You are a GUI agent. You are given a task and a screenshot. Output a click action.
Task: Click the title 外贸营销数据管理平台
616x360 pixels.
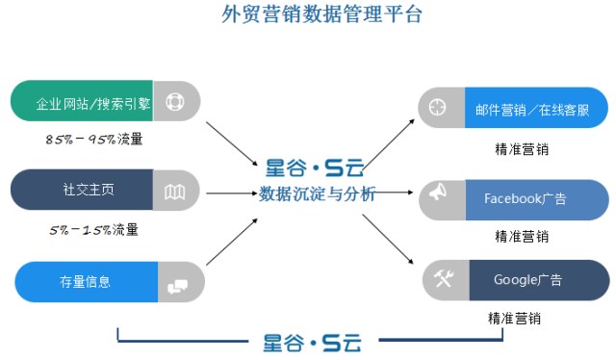click(x=321, y=14)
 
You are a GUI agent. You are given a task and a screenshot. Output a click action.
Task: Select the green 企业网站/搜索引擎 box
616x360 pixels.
click(x=82, y=101)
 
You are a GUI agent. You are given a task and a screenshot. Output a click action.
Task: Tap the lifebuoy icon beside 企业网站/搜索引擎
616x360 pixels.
click(x=175, y=101)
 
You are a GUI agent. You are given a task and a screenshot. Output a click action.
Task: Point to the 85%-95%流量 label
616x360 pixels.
click(x=94, y=140)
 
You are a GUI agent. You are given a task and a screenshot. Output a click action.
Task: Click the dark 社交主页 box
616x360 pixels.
click(x=82, y=190)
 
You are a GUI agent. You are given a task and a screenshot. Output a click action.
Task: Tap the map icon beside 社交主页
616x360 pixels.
click(x=174, y=192)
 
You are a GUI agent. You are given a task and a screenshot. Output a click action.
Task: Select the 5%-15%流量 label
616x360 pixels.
click(x=94, y=229)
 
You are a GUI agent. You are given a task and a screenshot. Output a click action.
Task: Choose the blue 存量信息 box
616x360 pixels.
click(x=87, y=282)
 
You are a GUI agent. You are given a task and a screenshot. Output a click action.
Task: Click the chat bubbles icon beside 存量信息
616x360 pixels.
click(x=177, y=287)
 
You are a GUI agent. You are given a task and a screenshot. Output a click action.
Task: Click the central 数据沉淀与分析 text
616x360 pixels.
click(x=317, y=193)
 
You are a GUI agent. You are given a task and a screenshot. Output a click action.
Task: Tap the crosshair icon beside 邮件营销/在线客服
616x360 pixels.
click(x=437, y=107)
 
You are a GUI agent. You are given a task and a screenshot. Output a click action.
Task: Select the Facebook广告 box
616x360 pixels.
click(x=537, y=199)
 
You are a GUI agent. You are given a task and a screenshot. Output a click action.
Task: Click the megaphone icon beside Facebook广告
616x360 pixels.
click(x=438, y=192)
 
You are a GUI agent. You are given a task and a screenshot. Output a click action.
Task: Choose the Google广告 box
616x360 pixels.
click(x=539, y=280)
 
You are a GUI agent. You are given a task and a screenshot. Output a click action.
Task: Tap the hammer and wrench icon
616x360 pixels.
click(x=444, y=278)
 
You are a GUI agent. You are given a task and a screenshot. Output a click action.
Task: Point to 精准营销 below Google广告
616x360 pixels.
click(x=514, y=318)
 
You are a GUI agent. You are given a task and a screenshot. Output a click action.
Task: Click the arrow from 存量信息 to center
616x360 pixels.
click(x=232, y=242)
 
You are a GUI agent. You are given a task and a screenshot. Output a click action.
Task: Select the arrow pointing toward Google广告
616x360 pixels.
click(x=388, y=239)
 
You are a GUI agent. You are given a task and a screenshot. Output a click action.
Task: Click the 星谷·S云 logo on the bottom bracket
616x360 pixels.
click(x=312, y=343)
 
